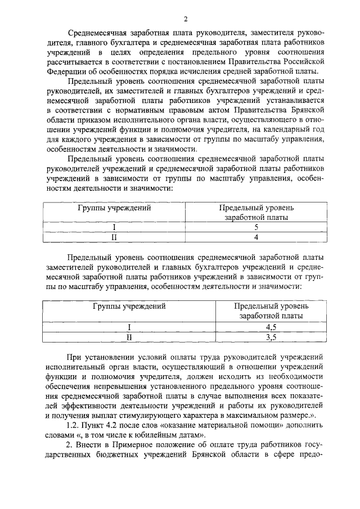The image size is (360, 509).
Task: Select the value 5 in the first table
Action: coord(256,228)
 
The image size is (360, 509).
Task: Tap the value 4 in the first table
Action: coord(256,237)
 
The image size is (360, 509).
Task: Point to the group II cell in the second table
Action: coord(129,337)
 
